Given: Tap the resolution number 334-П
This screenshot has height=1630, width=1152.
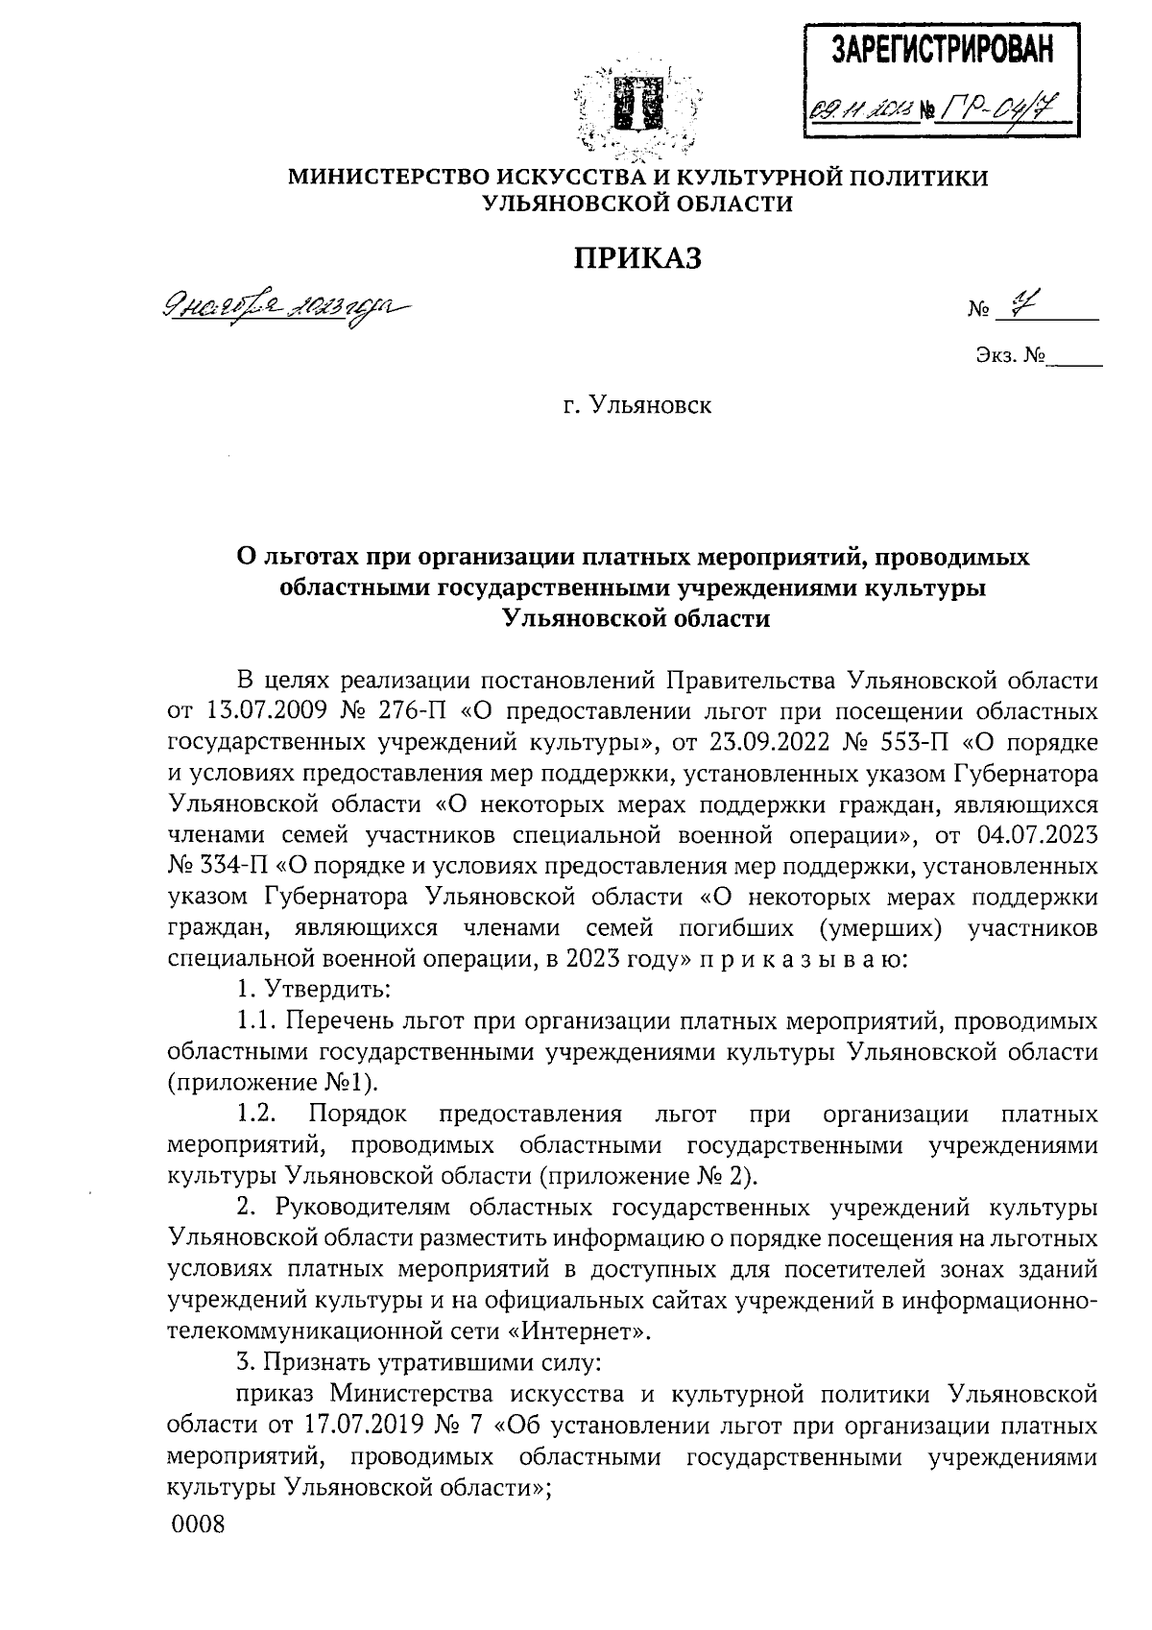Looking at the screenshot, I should (x=236, y=866).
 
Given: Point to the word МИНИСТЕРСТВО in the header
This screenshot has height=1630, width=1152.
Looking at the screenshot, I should (x=393, y=178).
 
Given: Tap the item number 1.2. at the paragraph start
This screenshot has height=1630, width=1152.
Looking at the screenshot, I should (x=256, y=1114).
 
